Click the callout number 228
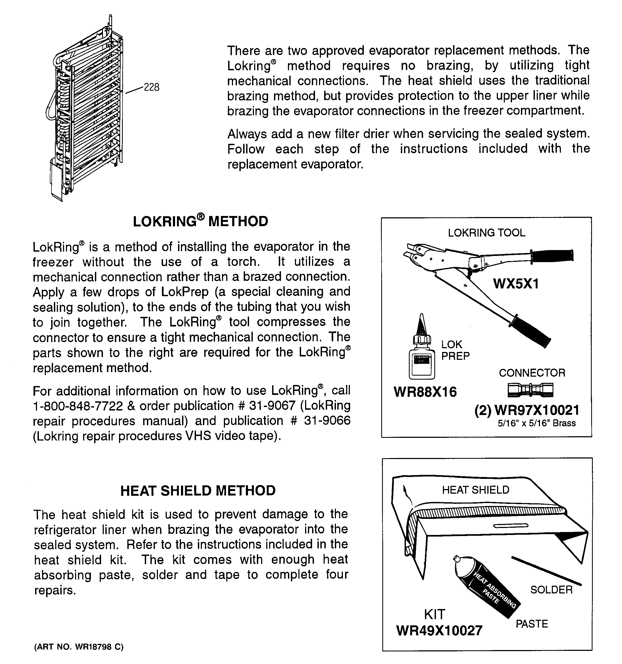pyautogui.click(x=151, y=87)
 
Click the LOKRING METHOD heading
pyautogui.click(x=200, y=221)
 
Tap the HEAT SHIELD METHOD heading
pyautogui.click(x=198, y=490)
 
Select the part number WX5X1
pyautogui.click(x=516, y=284)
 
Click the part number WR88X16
pyautogui.click(x=425, y=392)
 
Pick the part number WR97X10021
pyautogui.click(x=536, y=410)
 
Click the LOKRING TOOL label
pyautogui.click(x=486, y=233)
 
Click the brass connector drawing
pyautogui.click(x=530, y=390)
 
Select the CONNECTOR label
pyautogui.click(x=532, y=373)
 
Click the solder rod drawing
pyautogui.click(x=546, y=571)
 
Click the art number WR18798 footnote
pyautogui.click(x=79, y=647)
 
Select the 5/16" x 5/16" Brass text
pyautogui.click(x=536, y=423)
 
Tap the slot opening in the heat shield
pyautogui.click(x=510, y=526)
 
